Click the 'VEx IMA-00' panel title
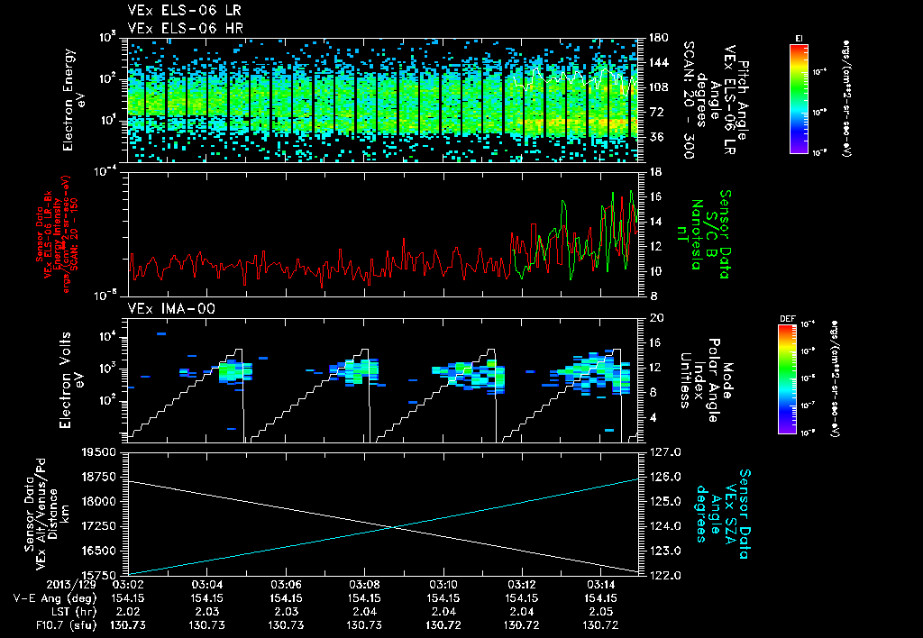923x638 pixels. [164, 308]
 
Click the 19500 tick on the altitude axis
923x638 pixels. [102, 452]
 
